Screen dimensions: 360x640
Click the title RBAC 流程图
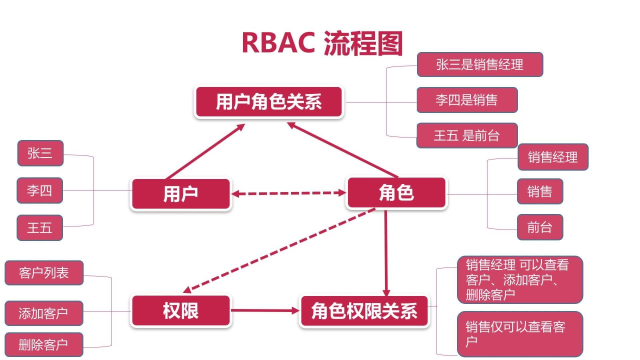point(321,42)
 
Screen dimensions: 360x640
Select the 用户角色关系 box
point(267,101)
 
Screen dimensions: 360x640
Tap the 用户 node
point(180,193)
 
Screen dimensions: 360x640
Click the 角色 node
point(381,192)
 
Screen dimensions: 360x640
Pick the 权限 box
point(180,311)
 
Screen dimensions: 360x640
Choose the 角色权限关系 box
point(364,311)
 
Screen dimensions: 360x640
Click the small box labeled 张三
point(40,153)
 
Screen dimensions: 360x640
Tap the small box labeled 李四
point(40,190)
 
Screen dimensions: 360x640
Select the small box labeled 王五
point(40,228)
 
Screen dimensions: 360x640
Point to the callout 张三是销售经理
point(479,65)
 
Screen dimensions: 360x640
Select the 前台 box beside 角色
point(539,225)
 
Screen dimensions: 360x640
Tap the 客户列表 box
point(43,272)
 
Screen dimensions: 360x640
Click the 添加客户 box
point(43,313)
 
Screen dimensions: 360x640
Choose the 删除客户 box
point(43,345)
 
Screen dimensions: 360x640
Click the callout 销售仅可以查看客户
point(519,334)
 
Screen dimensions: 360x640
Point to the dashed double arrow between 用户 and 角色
point(289,193)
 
